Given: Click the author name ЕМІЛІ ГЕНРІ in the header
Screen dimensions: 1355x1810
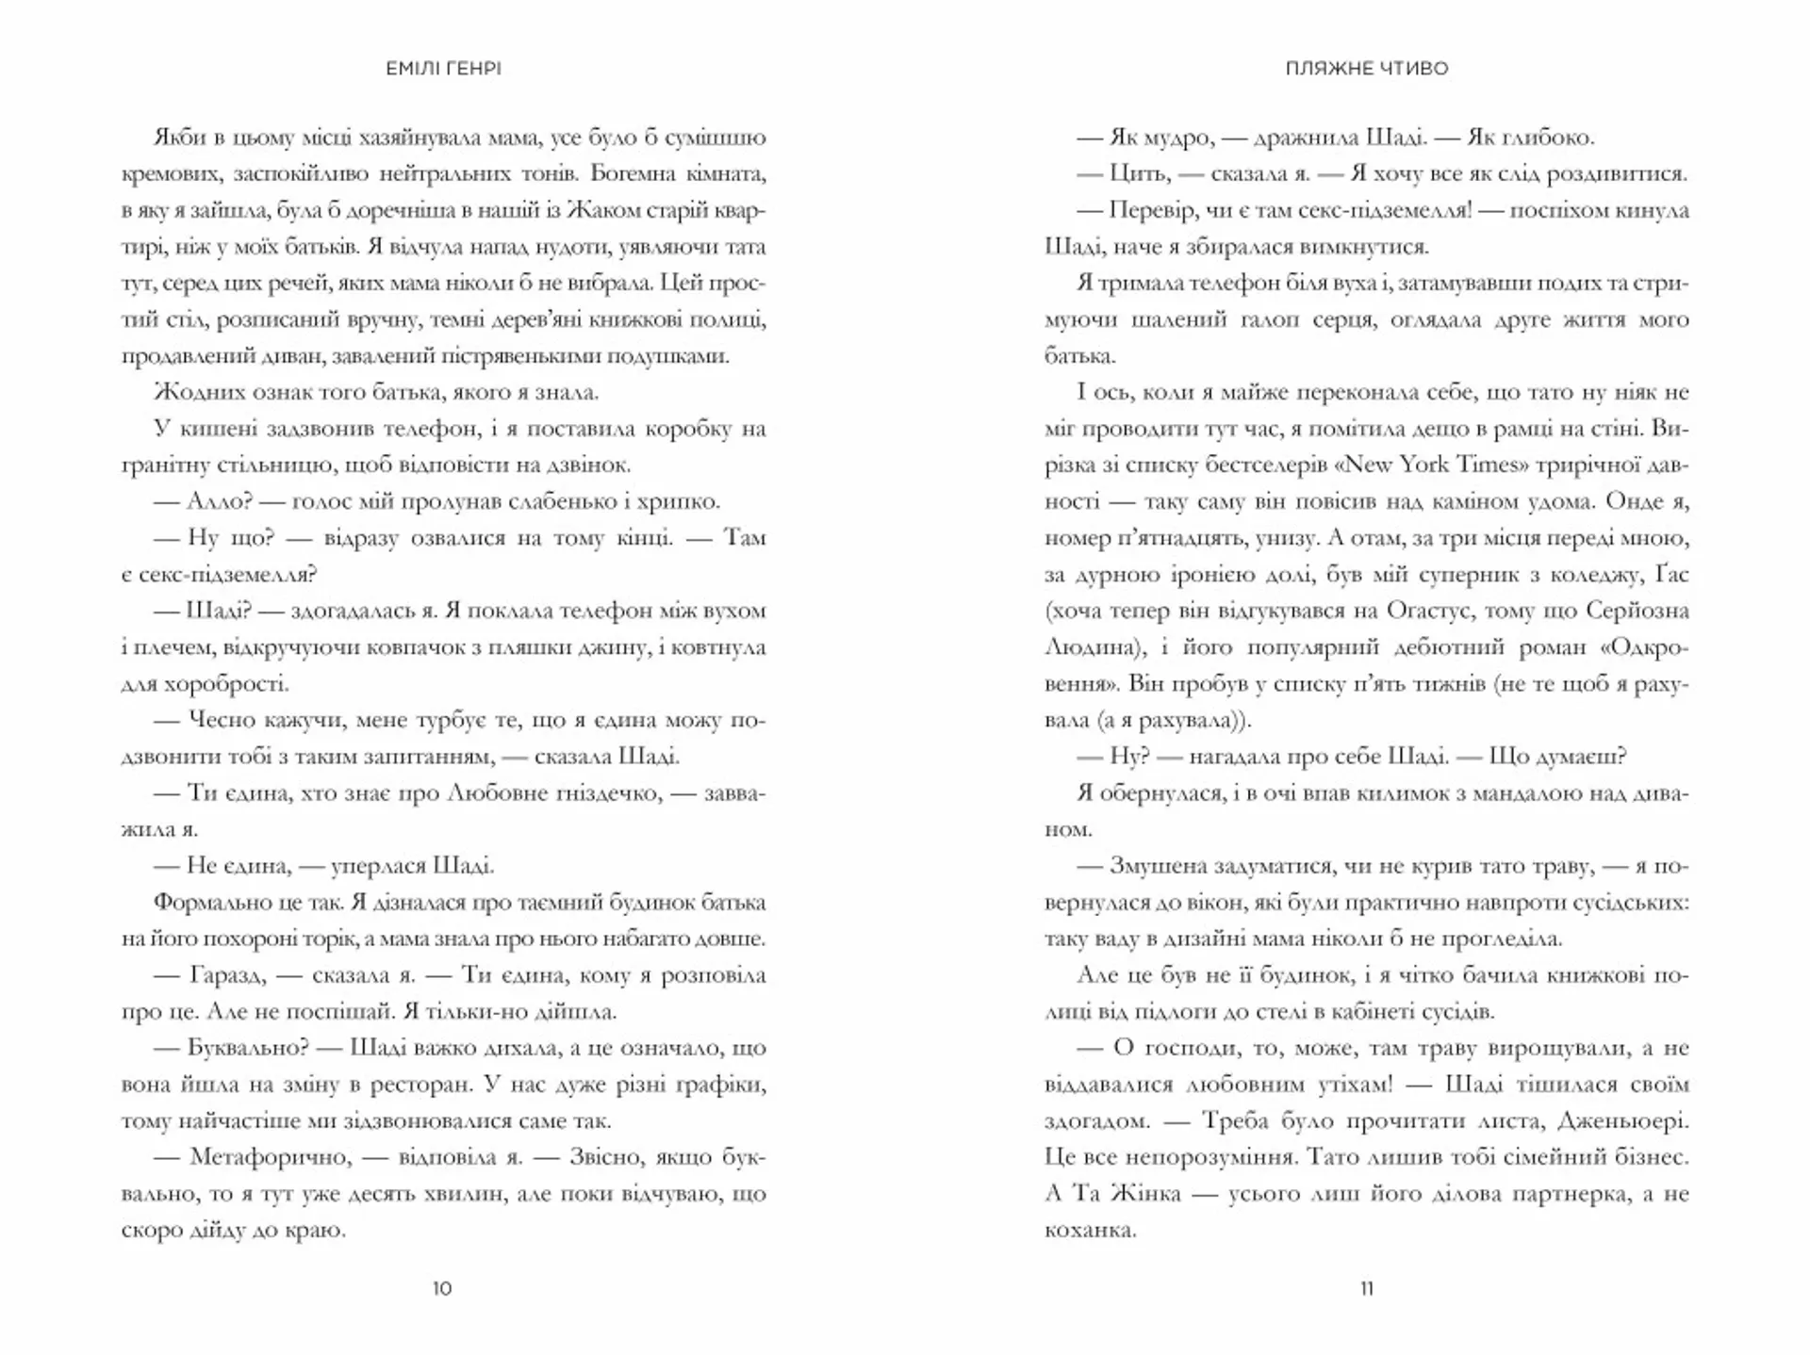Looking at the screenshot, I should [443, 69].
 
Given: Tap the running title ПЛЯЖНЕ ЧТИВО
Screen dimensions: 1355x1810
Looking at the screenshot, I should [1366, 69].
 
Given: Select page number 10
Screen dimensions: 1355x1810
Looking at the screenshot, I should [442, 1288].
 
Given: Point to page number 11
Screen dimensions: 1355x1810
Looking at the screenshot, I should [1367, 1288].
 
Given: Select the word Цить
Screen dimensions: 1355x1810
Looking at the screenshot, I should [1140, 173].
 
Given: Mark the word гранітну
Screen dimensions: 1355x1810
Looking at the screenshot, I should [166, 465].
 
